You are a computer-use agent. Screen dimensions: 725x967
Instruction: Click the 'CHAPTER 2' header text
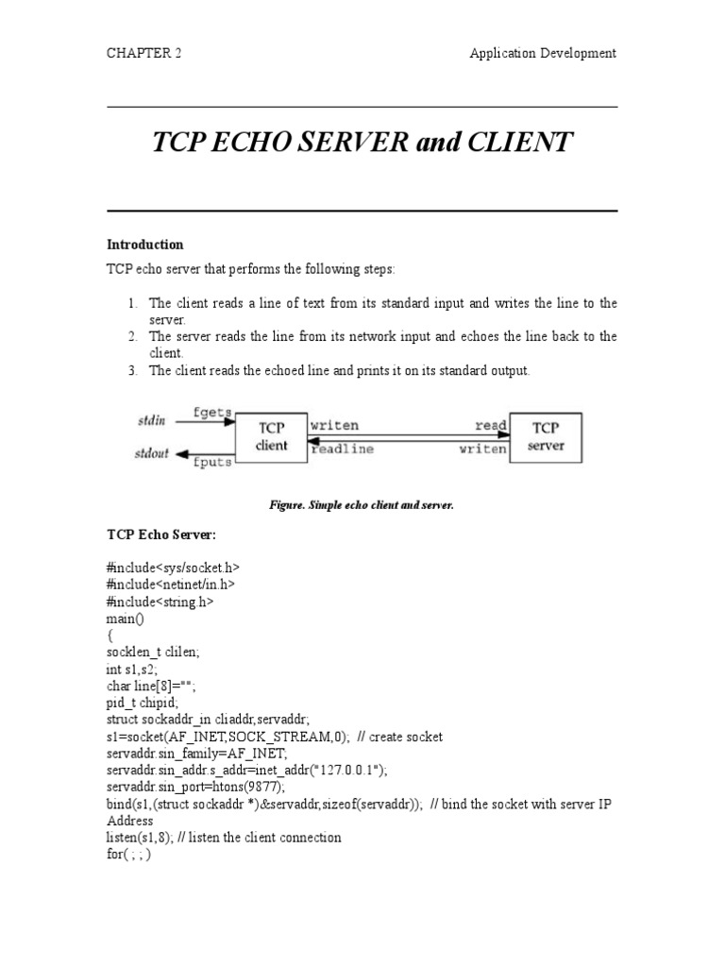point(144,53)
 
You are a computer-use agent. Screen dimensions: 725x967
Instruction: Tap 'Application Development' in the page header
point(543,53)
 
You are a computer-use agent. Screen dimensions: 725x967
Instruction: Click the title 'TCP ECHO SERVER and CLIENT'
point(362,143)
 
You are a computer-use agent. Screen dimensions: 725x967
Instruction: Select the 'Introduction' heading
point(144,245)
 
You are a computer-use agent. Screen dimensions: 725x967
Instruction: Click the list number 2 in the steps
point(133,337)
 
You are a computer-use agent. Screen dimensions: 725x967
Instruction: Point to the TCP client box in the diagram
point(272,437)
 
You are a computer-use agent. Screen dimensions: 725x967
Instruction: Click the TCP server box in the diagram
point(546,437)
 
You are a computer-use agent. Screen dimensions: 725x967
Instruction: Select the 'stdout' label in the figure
point(151,454)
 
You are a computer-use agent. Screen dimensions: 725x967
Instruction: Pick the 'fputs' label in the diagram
point(212,464)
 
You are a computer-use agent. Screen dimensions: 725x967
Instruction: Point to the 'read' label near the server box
point(490,426)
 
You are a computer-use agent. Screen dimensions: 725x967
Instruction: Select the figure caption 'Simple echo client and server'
point(362,505)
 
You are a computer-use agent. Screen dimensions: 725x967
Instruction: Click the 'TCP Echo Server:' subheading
point(161,535)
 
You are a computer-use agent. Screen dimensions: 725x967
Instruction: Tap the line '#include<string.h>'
point(160,601)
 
